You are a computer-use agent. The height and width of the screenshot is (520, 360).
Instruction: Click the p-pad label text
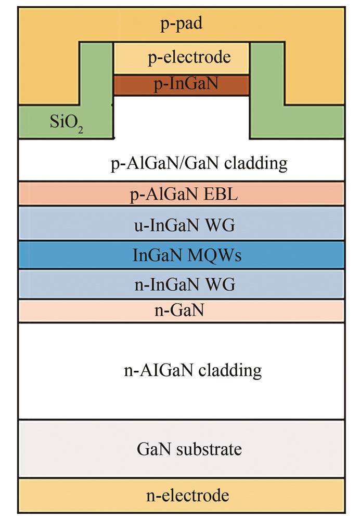[181, 24]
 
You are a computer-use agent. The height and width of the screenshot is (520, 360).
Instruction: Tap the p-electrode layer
[181, 58]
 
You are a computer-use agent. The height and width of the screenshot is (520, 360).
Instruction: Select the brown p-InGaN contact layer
[181, 85]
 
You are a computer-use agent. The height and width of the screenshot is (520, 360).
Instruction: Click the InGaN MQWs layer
[182, 255]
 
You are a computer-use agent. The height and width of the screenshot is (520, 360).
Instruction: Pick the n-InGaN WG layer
[182, 284]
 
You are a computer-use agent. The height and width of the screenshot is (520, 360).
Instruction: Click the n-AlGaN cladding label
[193, 370]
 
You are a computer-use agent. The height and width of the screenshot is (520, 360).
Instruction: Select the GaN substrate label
[189, 449]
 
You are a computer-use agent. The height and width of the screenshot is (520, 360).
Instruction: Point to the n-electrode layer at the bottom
[182, 496]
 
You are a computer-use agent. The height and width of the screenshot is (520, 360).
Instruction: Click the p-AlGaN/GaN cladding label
[199, 163]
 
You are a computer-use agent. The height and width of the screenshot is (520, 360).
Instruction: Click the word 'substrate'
[209, 450]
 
